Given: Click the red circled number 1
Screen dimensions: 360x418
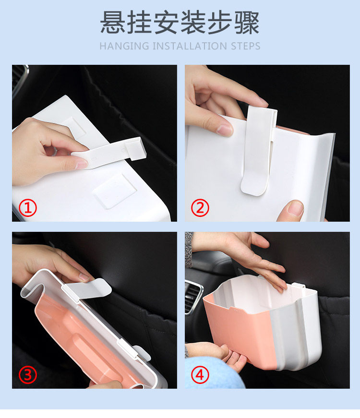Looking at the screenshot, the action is click(28, 208).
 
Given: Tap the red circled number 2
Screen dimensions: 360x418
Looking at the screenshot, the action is click(200, 208).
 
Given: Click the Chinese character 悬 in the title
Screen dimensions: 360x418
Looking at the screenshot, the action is click(113, 22).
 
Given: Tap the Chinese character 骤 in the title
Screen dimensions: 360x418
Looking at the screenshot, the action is click(247, 22).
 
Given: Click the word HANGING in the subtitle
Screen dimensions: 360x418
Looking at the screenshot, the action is click(124, 46).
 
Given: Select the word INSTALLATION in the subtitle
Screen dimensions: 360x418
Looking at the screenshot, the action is click(190, 46).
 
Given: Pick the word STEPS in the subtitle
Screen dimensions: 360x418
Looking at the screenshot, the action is click(246, 46).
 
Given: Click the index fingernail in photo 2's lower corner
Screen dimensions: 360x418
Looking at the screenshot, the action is click(296, 208).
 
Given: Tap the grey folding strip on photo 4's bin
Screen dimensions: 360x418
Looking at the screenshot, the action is click(288, 338).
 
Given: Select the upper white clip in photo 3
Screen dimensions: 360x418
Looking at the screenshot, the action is click(88, 289).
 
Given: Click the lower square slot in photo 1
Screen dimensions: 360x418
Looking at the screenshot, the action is click(115, 191).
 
